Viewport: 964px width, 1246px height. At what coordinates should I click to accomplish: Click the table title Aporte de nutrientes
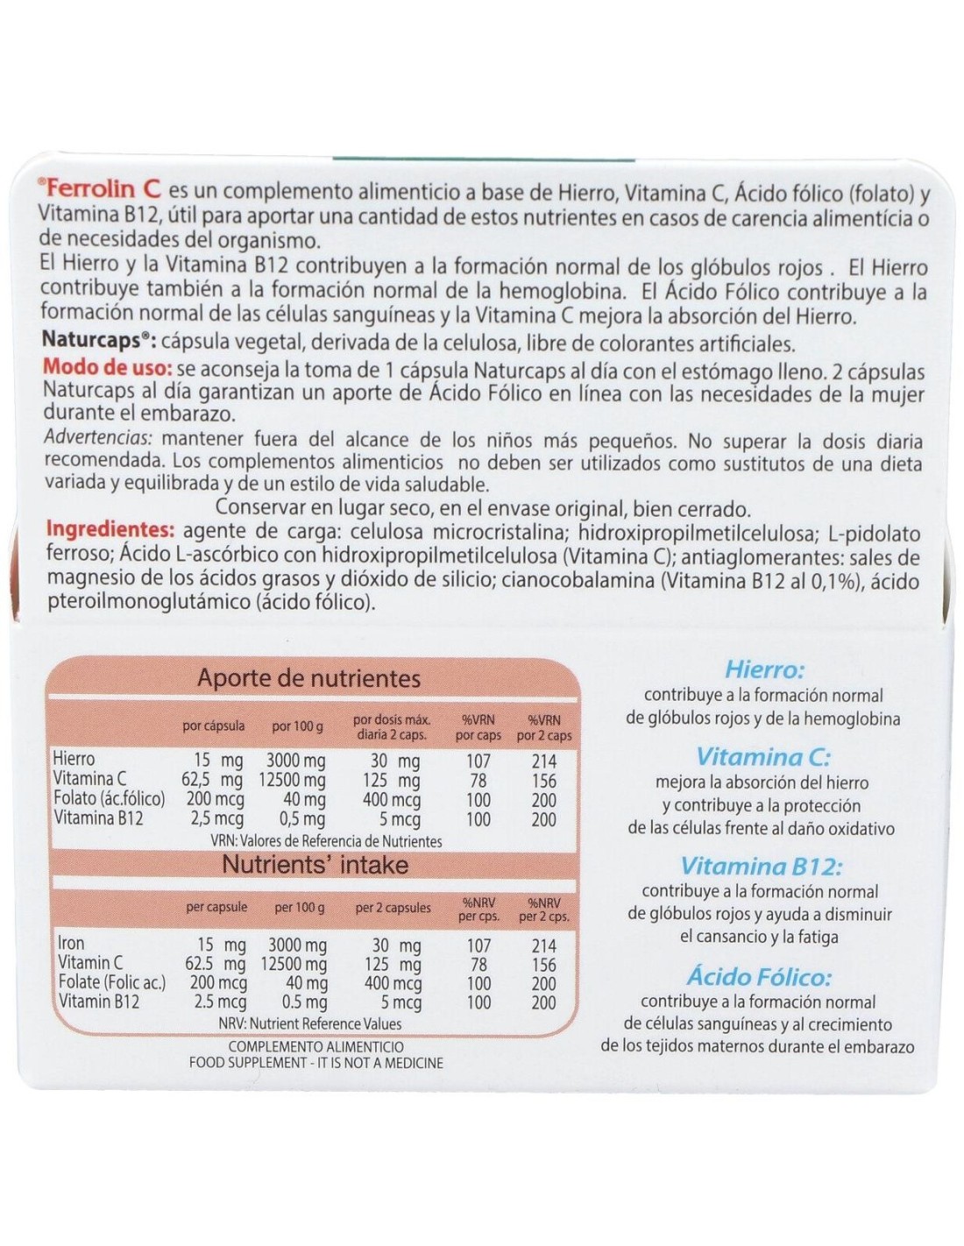click(308, 677)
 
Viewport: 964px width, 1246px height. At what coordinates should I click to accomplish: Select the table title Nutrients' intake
click(315, 865)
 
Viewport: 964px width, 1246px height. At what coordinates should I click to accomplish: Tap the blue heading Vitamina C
click(762, 756)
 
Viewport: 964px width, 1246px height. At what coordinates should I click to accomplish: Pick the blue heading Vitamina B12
click(762, 867)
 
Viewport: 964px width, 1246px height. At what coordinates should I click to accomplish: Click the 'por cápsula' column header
click(214, 726)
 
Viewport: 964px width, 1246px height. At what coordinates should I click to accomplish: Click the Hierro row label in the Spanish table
click(74, 759)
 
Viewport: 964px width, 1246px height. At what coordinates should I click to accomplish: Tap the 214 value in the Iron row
click(543, 945)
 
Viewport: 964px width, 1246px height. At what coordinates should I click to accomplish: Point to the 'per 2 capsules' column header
click(393, 908)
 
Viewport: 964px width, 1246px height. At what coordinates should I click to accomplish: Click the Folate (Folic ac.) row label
click(111, 983)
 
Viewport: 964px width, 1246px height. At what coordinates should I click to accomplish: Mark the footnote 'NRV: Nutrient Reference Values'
click(310, 1023)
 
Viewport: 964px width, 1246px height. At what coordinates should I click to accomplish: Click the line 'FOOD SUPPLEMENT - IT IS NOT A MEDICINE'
click(316, 1063)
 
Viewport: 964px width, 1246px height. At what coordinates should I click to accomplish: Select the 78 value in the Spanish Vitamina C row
click(478, 779)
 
